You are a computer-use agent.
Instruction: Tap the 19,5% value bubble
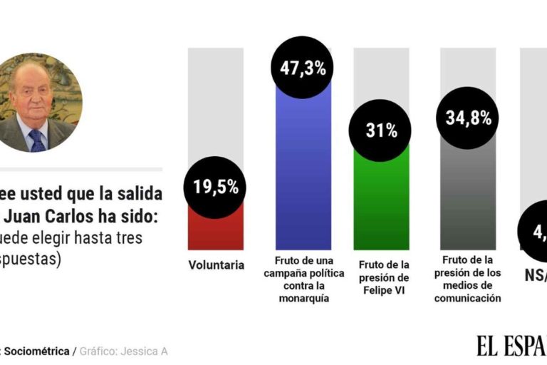[215, 187]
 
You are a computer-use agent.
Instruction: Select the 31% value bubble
[382, 131]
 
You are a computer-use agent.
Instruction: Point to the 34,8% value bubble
[468, 118]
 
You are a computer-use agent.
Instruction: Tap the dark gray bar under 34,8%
[468, 200]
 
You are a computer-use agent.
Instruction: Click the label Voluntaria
[217, 265]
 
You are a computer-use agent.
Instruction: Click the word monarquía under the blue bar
[303, 299]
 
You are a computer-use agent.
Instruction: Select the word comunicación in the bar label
[468, 299]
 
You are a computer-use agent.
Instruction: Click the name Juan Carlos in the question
[53, 215]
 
